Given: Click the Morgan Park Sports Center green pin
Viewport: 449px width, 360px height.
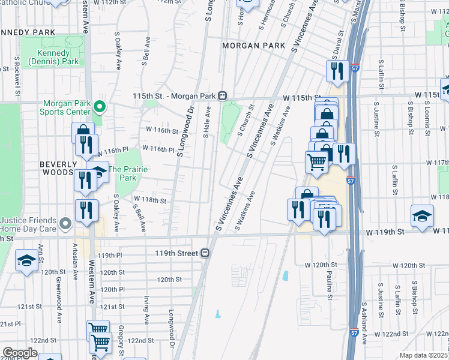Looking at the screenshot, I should (x=100, y=107).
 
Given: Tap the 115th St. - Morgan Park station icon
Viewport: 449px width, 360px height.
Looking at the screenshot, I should (x=222, y=95).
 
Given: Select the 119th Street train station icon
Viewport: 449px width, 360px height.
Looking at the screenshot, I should (x=205, y=253).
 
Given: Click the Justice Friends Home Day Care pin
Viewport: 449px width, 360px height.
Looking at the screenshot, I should (x=67, y=224).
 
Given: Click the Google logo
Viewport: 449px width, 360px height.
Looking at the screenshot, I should (x=20, y=353).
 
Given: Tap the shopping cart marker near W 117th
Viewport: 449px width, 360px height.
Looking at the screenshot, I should (x=316, y=160).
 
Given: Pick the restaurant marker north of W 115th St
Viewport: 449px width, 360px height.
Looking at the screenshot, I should (x=338, y=71).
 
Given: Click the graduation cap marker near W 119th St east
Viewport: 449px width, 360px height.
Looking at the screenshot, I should (x=423, y=216).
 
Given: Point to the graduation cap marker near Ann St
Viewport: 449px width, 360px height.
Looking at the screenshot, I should (x=26, y=262).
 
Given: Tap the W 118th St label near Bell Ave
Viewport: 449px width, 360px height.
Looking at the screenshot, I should (x=149, y=199).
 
